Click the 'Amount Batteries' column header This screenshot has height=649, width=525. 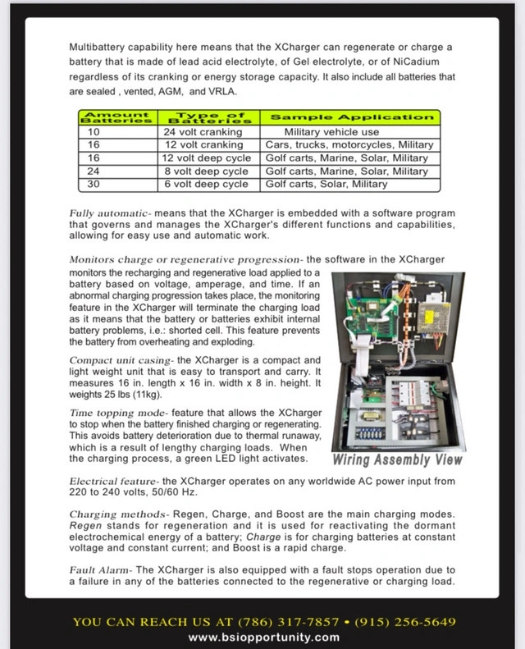pyautogui.click(x=118, y=117)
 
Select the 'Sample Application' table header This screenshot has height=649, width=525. pyautogui.click(x=352, y=117)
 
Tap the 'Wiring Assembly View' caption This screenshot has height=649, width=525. pyautogui.click(x=397, y=459)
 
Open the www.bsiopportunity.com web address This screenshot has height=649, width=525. pyautogui.click(x=263, y=637)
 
